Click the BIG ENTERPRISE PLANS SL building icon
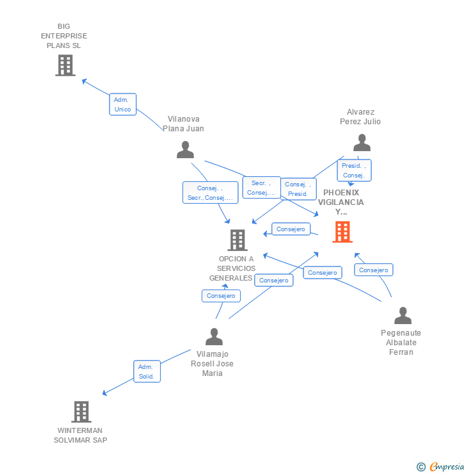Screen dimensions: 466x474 (65, 65)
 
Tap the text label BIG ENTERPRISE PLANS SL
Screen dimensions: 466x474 (64, 36)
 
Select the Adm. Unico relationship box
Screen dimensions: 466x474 (122, 104)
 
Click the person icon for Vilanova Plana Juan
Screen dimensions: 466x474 (185, 150)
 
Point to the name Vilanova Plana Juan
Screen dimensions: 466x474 (183, 124)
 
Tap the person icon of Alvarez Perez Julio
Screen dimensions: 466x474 (362, 143)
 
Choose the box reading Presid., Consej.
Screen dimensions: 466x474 (354, 170)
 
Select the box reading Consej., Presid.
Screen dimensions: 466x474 (298, 189)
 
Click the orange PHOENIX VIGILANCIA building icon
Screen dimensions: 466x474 (342, 232)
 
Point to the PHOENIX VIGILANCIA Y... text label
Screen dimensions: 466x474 (341, 202)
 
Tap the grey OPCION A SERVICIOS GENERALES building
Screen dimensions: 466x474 (237, 240)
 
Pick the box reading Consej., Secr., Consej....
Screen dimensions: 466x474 (210, 193)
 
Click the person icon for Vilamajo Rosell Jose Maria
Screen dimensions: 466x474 (214, 337)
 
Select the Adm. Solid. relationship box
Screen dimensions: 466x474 (147, 372)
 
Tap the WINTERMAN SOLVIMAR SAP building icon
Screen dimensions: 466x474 (81, 412)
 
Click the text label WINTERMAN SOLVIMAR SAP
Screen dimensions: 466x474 (81, 436)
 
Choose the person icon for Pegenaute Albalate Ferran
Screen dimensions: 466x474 (403, 316)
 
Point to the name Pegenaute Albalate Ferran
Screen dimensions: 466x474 (401, 342)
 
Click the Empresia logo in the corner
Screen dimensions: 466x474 (441, 467)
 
